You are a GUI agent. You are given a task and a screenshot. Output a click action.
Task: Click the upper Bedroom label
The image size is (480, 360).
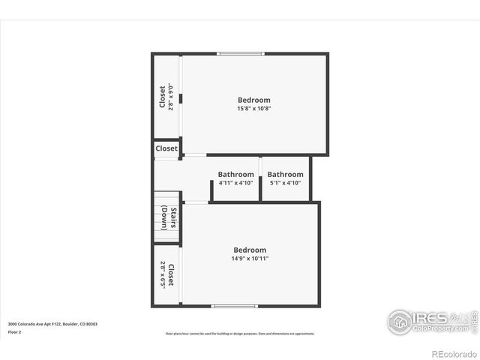[254, 100]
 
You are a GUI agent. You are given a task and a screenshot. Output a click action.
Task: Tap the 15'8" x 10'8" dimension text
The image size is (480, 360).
[254, 109]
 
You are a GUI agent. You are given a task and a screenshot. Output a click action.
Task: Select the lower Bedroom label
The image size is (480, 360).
[250, 250]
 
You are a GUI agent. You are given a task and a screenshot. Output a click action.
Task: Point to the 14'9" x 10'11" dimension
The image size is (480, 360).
[250, 259]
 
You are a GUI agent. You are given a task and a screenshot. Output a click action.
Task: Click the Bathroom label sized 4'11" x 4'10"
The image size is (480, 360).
[235, 174]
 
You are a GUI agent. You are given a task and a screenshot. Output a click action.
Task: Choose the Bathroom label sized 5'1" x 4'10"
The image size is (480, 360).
[285, 174]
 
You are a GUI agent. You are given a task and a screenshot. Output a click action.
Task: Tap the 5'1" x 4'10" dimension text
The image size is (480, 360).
[285, 183]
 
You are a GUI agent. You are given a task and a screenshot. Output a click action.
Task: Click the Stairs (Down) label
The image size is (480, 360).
[169, 217]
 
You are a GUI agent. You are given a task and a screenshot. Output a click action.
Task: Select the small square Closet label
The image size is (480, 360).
[166, 148]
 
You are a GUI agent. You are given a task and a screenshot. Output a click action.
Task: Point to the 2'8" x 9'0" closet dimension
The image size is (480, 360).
[171, 97]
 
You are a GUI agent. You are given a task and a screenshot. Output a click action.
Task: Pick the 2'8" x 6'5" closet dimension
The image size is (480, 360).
[162, 275]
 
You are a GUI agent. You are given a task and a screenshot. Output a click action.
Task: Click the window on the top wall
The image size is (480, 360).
[241, 53]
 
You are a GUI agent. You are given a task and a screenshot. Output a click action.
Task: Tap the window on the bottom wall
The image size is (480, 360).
[234, 306]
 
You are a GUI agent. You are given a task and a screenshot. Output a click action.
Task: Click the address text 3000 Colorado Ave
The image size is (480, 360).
[52, 324]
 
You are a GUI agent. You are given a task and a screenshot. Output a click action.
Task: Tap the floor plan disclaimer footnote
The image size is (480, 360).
[240, 334]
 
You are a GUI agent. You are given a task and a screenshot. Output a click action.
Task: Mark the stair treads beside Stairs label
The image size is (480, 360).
[160, 217]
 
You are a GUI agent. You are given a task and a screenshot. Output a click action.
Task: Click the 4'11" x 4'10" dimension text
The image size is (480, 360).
[235, 183]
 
